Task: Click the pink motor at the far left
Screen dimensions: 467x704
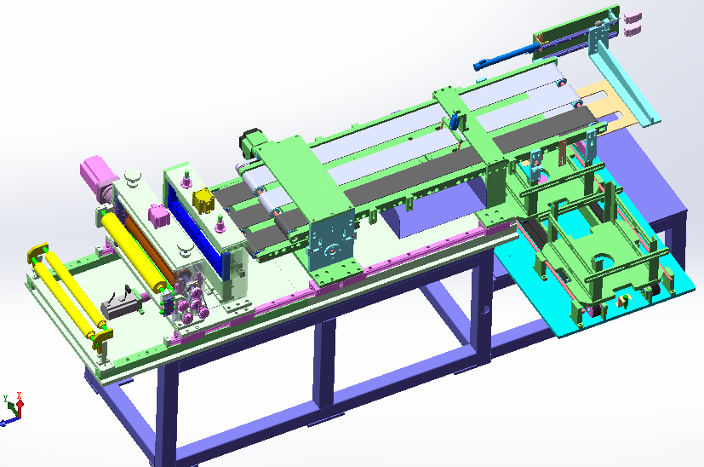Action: [x=97, y=176]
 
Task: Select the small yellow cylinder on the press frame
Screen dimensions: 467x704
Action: [x=203, y=202]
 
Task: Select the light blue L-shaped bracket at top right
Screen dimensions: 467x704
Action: [x=626, y=85]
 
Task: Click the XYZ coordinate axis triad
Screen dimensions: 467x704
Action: [x=13, y=407]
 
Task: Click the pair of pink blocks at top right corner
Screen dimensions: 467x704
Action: [x=631, y=24]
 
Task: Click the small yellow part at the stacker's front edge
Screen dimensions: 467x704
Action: [x=625, y=299]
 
